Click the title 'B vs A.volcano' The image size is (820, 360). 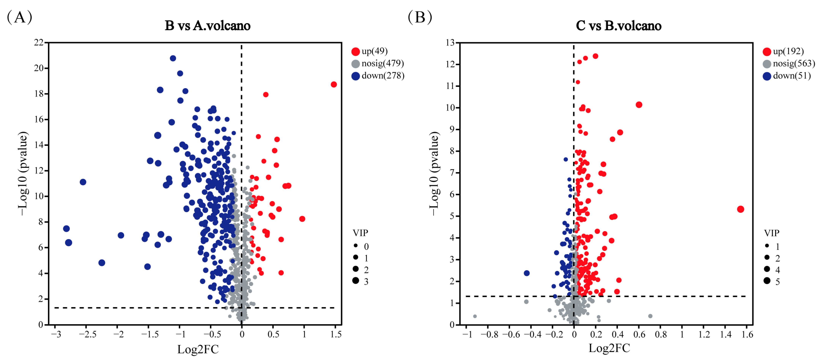coord(208,26)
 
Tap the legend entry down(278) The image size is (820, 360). coord(383,76)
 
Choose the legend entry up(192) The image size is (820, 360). coord(788,51)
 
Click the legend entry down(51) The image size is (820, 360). coord(791,76)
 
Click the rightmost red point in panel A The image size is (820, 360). coord(334,84)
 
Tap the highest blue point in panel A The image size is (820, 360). coord(173,58)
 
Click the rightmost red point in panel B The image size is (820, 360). coord(740,209)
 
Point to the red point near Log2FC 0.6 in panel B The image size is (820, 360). coord(639,105)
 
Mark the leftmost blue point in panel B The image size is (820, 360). coord(527,273)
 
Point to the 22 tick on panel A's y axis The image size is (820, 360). coord(39,42)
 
